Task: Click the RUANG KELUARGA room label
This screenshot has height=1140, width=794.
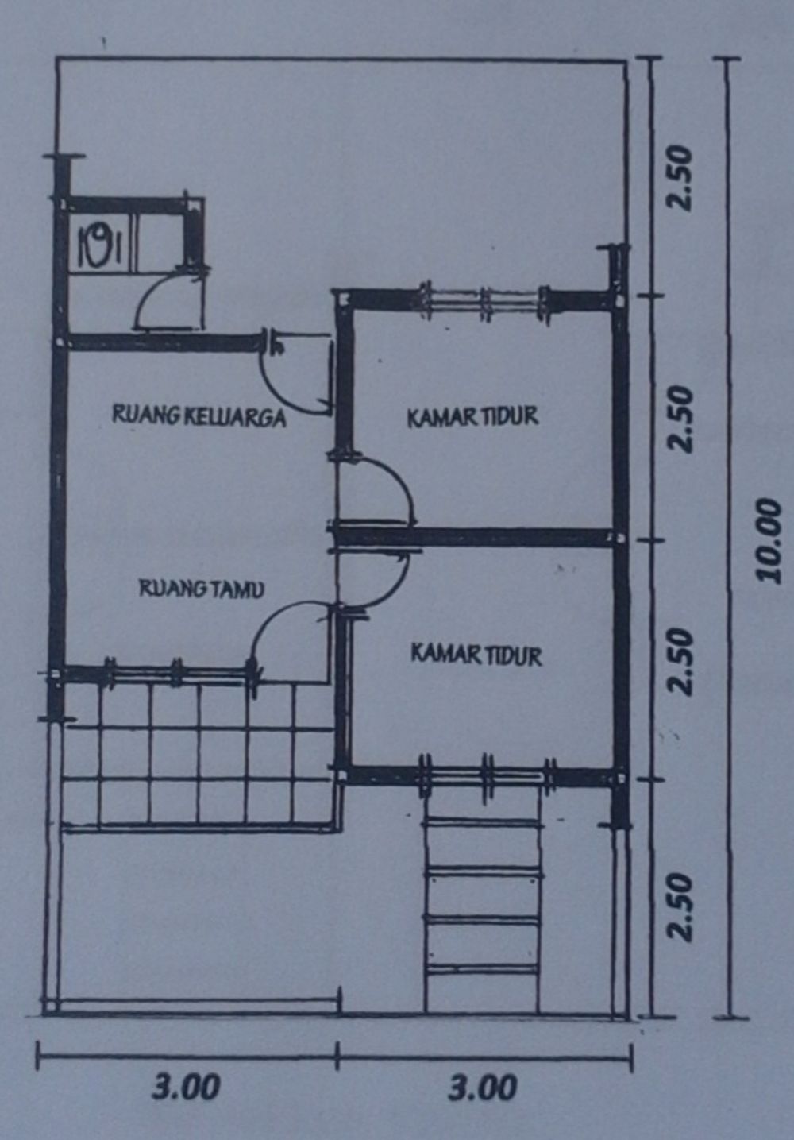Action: click(198, 415)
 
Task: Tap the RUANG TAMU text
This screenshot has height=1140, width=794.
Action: click(202, 589)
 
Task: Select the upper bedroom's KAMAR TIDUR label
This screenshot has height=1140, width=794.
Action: click(473, 416)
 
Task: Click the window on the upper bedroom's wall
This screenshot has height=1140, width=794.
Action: click(484, 302)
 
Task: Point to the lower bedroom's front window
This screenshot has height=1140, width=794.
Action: click(484, 771)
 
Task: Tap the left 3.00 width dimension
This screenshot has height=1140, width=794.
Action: click(187, 1087)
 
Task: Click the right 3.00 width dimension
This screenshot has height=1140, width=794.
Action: click(482, 1087)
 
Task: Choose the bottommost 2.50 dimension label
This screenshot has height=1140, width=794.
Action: click(680, 906)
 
